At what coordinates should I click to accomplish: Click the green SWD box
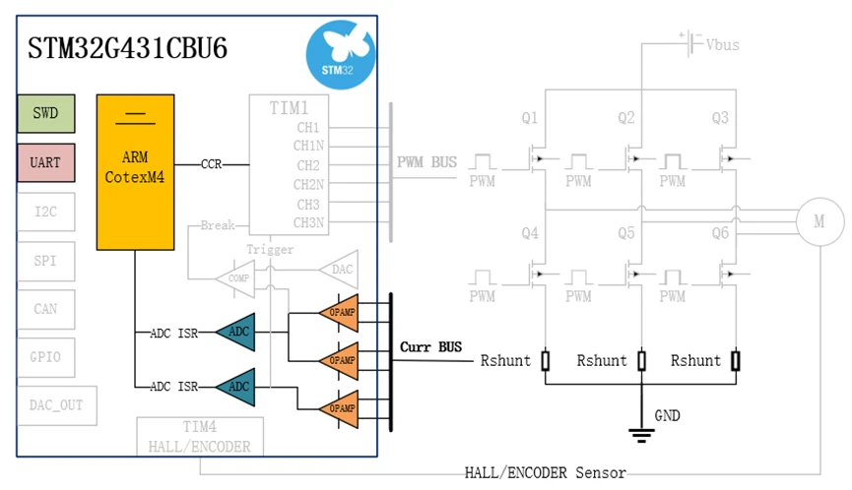pos(45,113)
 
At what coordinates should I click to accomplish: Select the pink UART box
pos(45,163)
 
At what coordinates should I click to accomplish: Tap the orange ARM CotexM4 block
pos(135,171)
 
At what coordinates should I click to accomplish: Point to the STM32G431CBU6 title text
pos(127,48)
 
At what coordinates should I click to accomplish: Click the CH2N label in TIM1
pos(308,184)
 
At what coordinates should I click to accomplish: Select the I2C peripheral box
pos(45,212)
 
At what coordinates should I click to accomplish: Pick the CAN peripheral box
pos(45,309)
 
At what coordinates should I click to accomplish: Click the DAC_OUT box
pos(56,404)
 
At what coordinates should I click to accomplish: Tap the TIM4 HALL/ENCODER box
pos(199,436)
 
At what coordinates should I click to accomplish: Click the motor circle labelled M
pos(819,222)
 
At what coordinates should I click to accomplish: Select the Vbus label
pos(722,44)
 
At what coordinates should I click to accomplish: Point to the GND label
pos(667,416)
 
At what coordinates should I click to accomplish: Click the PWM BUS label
pos(426,161)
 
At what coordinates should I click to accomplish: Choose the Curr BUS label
pos(430,347)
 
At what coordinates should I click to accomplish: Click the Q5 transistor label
pos(625,234)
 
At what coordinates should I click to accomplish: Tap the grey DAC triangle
pos(337,268)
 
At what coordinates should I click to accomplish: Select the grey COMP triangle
pos(237,277)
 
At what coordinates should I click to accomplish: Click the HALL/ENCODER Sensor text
pos(545,473)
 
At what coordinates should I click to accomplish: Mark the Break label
pos(218,225)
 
